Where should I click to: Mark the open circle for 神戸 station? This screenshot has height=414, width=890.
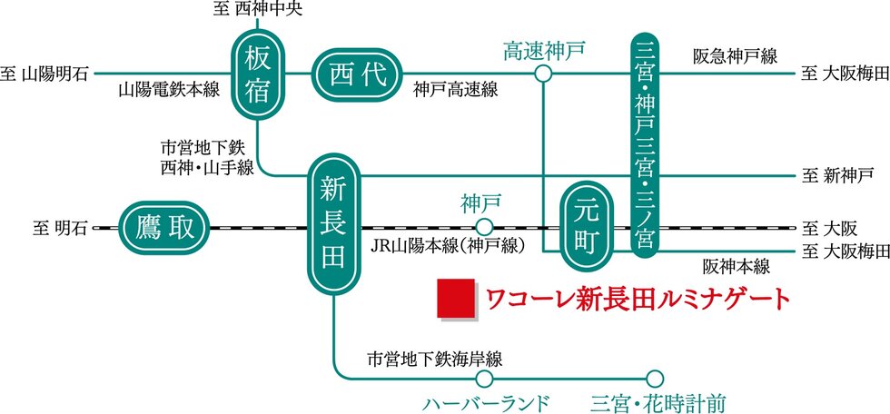(484, 227)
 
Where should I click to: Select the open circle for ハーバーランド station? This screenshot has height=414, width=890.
(484, 377)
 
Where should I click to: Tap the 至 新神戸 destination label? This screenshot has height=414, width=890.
(836, 173)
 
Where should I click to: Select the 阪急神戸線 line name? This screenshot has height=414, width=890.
(734, 56)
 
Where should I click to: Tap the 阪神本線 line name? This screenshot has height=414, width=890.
(736, 266)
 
